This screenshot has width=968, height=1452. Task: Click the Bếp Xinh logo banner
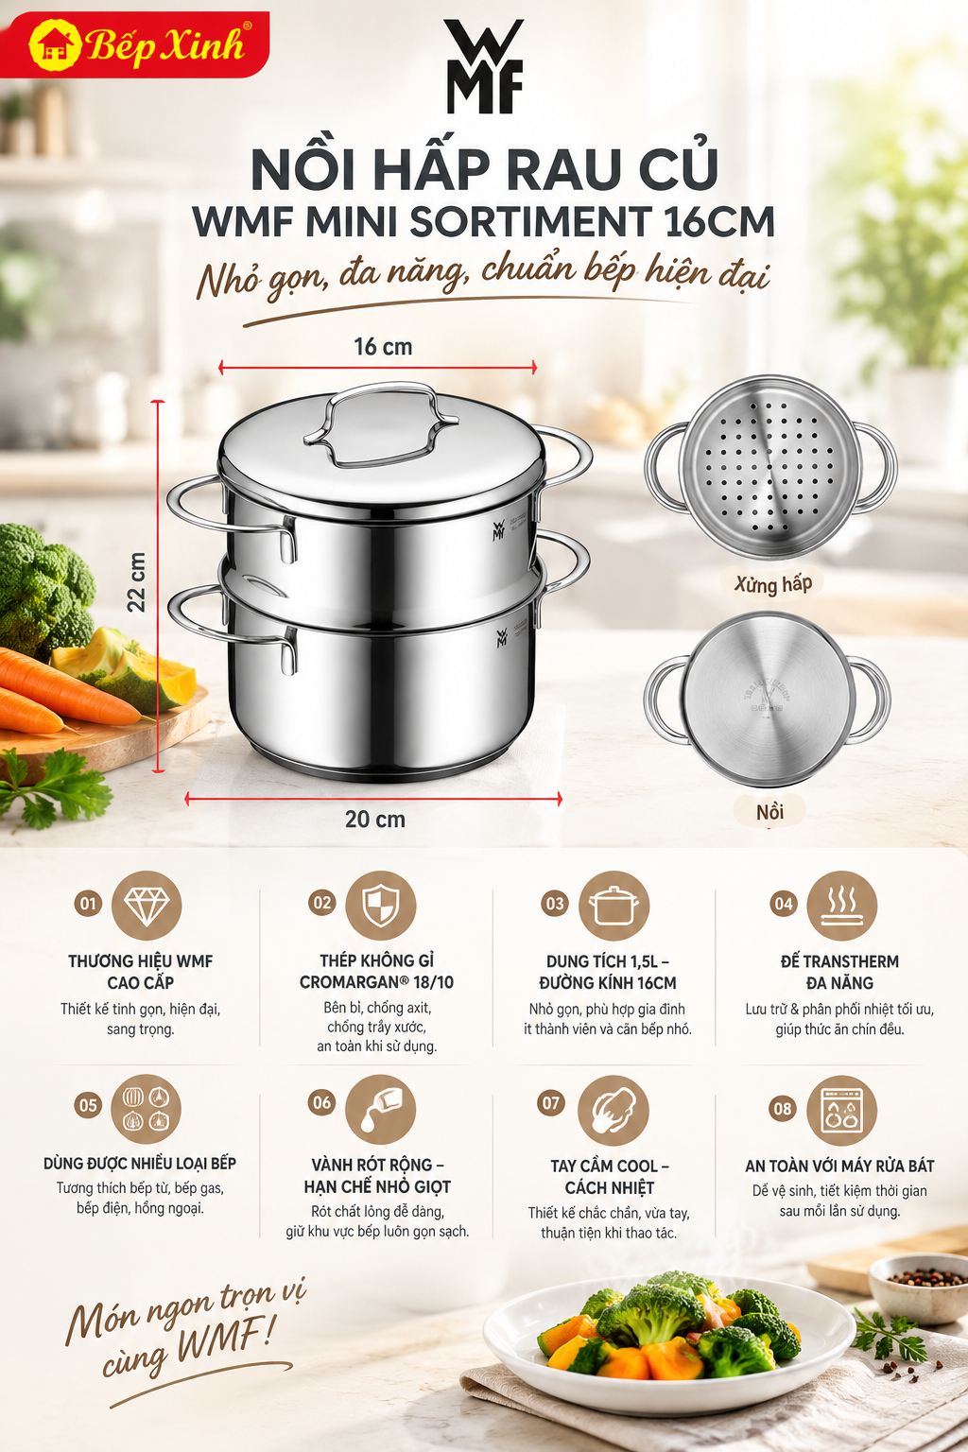[x=134, y=44]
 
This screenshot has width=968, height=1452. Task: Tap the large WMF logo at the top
[x=484, y=66]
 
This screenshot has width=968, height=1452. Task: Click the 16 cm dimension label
[x=383, y=347]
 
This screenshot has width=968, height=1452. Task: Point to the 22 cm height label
[x=137, y=582]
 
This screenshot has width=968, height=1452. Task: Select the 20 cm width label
[x=374, y=820]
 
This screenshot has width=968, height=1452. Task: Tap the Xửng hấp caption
[x=772, y=584]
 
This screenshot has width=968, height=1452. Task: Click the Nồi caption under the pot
[x=769, y=812]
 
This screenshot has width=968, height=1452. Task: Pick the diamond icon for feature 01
[x=147, y=905]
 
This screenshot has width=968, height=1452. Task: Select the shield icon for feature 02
[x=381, y=905]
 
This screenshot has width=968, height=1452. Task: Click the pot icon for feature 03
[x=614, y=905]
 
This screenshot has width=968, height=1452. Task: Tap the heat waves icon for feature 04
[x=841, y=905]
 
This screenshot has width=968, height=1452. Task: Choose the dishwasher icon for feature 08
[x=841, y=1111]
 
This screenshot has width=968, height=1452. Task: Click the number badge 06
[x=321, y=1102]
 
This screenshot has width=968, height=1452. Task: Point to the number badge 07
[x=551, y=1102]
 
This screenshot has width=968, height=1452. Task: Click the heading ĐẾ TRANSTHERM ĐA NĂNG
[x=839, y=972]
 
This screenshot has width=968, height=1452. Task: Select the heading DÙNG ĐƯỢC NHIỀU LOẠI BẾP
[x=139, y=1164]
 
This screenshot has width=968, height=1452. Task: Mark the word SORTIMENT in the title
[x=531, y=222]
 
